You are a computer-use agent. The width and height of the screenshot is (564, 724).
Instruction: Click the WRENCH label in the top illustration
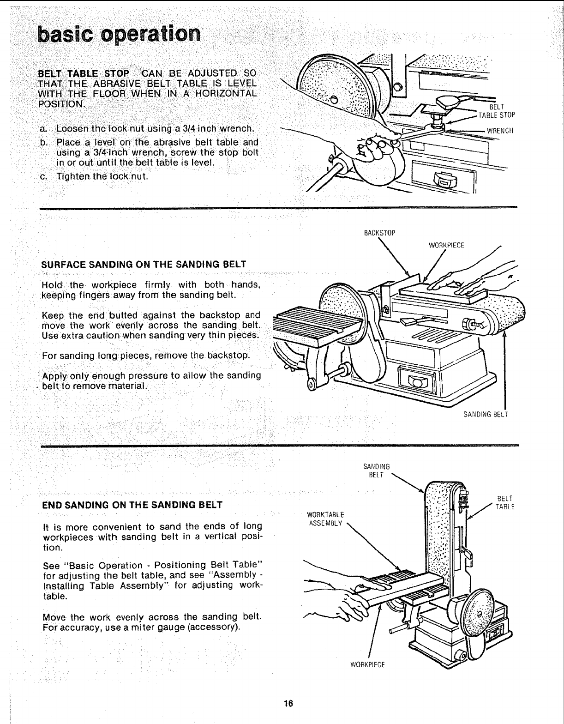(x=500, y=131)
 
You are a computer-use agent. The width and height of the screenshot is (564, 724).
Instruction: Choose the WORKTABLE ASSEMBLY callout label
(x=325, y=519)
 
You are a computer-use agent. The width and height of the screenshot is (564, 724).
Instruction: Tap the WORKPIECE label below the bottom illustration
(x=368, y=665)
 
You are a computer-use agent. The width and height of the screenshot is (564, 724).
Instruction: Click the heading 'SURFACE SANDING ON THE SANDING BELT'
(x=144, y=265)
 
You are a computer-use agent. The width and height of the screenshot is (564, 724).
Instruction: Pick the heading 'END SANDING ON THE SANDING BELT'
(x=132, y=505)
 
